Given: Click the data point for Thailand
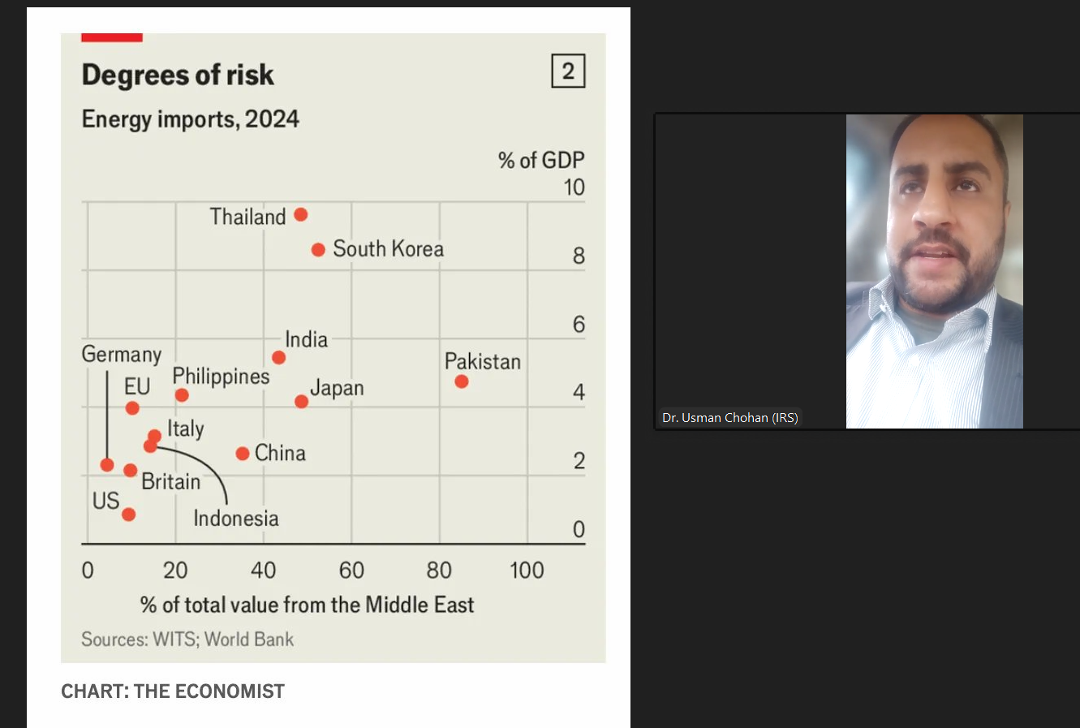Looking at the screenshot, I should click(x=300, y=214).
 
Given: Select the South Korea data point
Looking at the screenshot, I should click(x=318, y=249).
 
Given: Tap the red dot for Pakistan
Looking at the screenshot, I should click(x=462, y=381).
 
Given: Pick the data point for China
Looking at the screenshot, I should click(x=243, y=453).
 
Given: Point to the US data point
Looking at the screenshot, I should click(x=128, y=514).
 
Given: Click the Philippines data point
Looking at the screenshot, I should click(x=182, y=395).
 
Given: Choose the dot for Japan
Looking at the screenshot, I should click(x=301, y=401).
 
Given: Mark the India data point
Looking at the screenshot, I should click(x=278, y=357).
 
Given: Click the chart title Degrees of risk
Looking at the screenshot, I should click(x=178, y=75).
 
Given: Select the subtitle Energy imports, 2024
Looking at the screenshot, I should click(x=190, y=119).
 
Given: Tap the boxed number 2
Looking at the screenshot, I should click(x=568, y=71).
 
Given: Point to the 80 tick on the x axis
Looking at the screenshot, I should click(x=439, y=571).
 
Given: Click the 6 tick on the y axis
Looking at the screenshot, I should click(x=579, y=325).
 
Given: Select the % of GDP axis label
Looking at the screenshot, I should click(x=541, y=160).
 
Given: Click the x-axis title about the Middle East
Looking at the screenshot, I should click(x=307, y=605).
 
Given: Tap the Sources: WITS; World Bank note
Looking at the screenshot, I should click(x=187, y=640).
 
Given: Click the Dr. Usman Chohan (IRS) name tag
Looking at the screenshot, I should click(x=729, y=418).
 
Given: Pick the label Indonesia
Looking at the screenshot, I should click(x=236, y=519).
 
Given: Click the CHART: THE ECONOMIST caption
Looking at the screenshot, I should click(x=173, y=691).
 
